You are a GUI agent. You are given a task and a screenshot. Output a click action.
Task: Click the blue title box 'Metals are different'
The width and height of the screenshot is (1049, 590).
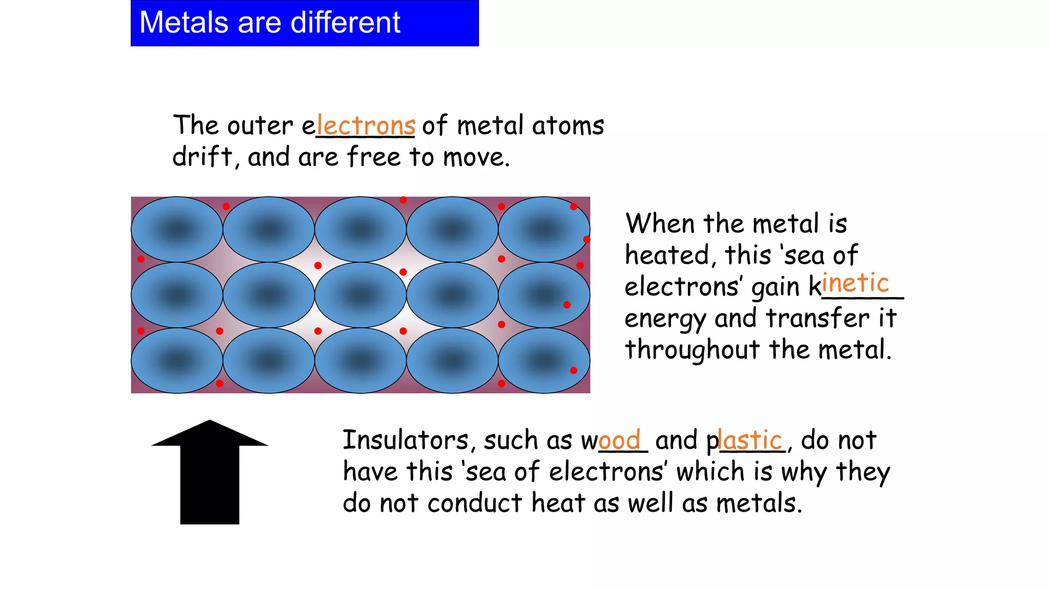pyautogui.click(x=305, y=23)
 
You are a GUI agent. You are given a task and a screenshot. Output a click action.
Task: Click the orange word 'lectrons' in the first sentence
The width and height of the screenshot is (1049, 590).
pyautogui.click(x=366, y=126)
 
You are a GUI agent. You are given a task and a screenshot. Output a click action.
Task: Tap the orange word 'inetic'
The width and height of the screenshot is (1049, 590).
pyautogui.click(x=855, y=283)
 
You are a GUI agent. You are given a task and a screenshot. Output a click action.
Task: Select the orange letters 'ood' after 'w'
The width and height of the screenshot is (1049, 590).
pyautogui.click(x=619, y=440)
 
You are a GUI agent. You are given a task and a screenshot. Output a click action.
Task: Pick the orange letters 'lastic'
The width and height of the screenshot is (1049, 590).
pyautogui.click(x=750, y=440)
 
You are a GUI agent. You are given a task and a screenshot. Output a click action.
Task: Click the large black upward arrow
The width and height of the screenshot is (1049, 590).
pyautogui.click(x=209, y=471)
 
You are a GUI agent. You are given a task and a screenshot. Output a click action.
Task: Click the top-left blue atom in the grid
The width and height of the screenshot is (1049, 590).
pyautogui.click(x=177, y=229)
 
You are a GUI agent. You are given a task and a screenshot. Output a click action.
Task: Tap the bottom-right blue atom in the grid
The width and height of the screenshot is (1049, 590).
pyautogui.click(x=544, y=361)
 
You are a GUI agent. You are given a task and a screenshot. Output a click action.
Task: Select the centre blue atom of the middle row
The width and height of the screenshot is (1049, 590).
pyautogui.click(x=361, y=295)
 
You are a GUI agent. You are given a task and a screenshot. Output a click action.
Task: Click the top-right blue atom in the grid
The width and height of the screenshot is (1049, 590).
pyautogui.click(x=544, y=229)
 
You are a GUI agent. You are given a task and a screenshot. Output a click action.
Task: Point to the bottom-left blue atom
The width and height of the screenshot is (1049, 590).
pyautogui.click(x=177, y=361)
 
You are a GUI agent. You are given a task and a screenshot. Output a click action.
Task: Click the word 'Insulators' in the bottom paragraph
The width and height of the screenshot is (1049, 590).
pyautogui.click(x=406, y=440)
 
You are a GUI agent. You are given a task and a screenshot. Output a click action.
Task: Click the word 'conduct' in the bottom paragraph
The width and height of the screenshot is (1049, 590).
pyautogui.click(x=475, y=503)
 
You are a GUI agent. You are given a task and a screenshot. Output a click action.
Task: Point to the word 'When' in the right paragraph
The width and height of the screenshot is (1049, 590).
pyautogui.click(x=659, y=224)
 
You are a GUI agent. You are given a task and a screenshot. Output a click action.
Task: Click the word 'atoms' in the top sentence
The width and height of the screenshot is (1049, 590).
pyautogui.click(x=568, y=126)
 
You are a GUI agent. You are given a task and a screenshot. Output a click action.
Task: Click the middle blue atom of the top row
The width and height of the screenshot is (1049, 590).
pyautogui.click(x=361, y=229)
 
